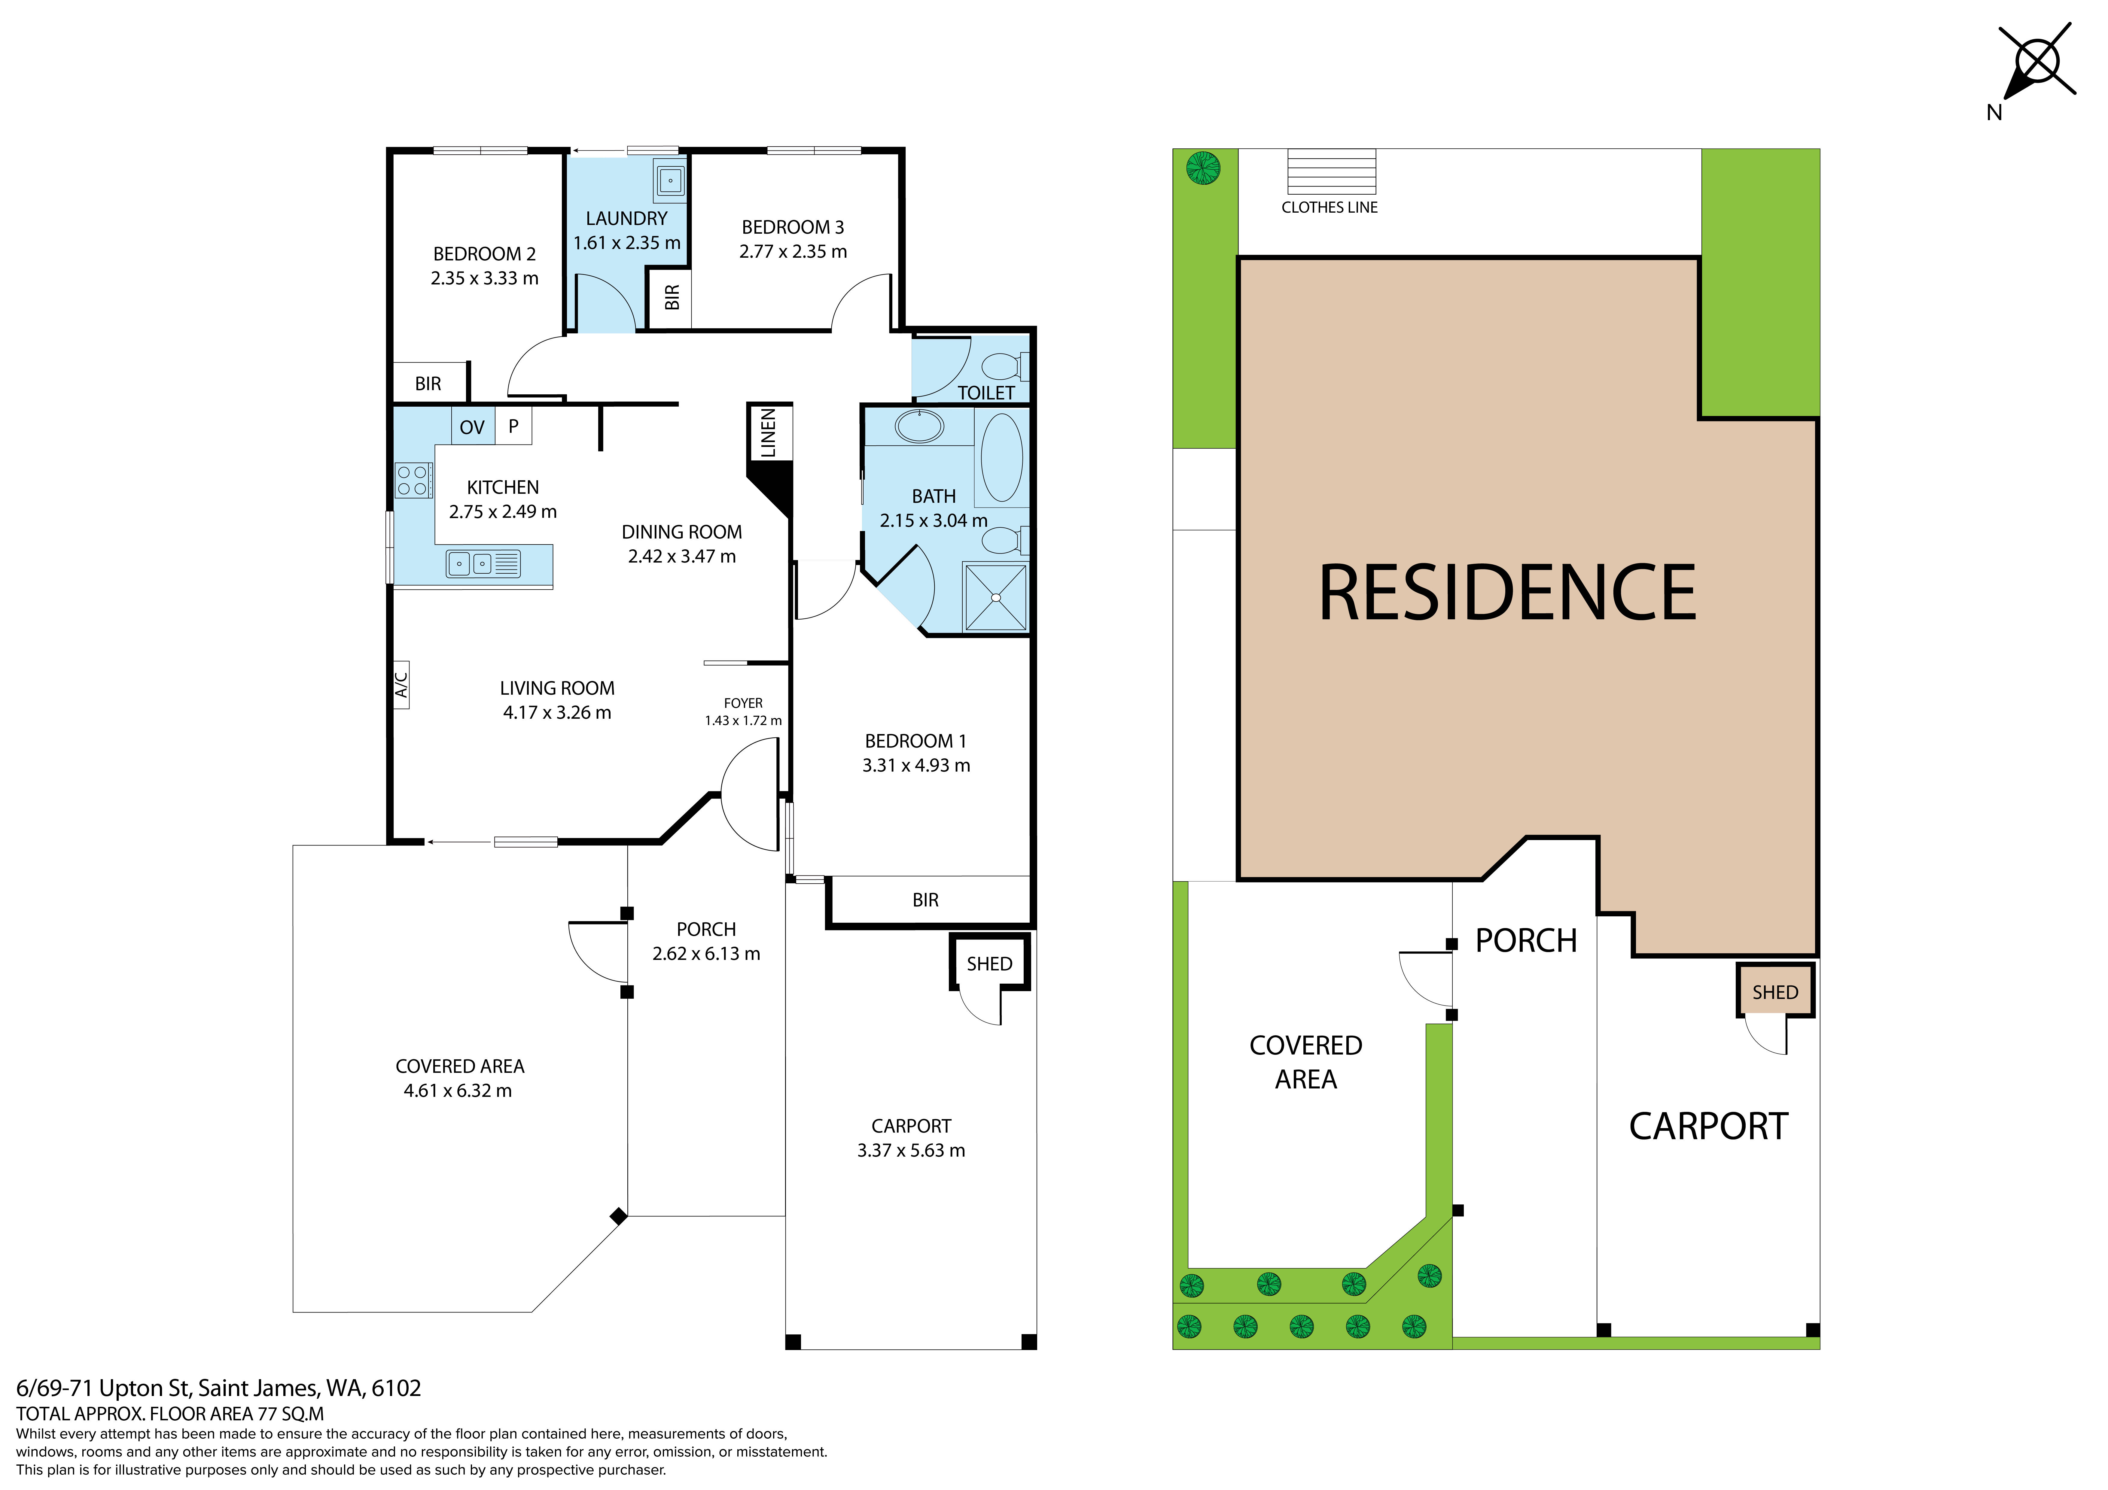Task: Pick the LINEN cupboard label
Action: (769, 433)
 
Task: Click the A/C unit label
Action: (401, 685)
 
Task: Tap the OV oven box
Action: (472, 427)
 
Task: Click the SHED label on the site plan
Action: (1775, 992)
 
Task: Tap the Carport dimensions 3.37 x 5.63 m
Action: (911, 1150)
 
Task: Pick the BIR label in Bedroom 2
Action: (428, 384)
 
